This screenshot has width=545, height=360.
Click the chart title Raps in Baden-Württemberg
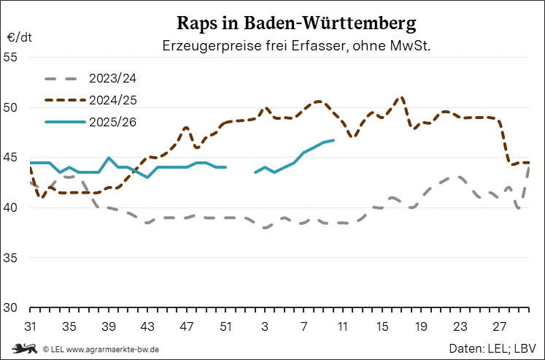tap(296, 23)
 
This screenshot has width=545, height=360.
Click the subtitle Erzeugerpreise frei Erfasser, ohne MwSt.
tap(296, 46)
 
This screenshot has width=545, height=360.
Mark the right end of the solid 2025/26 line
tap(333, 140)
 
